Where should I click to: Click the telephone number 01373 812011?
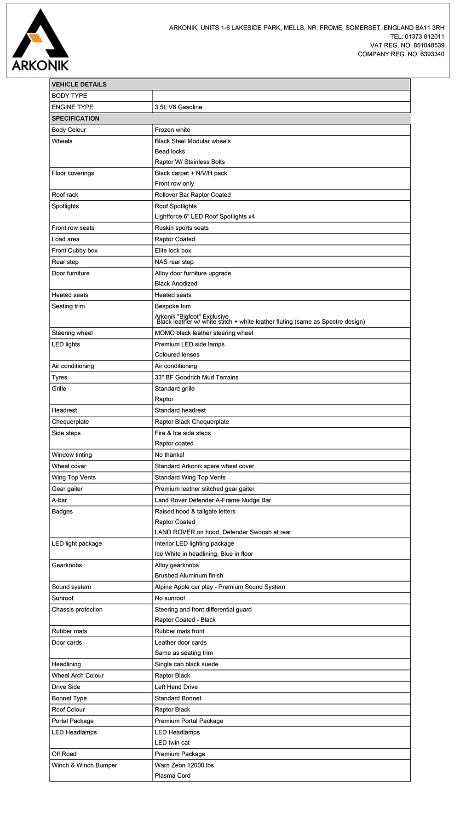(424, 36)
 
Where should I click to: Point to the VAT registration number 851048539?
(429, 45)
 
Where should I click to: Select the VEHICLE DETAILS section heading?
(79, 84)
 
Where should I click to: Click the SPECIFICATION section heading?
(75, 118)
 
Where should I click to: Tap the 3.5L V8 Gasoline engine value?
(178, 107)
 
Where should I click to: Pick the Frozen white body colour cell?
(172, 130)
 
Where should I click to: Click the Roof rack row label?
(65, 195)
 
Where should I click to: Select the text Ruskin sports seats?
(182, 228)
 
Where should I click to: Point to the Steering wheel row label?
(72, 333)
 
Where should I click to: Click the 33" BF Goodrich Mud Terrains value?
(196, 378)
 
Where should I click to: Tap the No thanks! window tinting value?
(169, 455)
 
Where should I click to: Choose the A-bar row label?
(59, 500)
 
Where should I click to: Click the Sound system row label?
(71, 587)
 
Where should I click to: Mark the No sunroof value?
(170, 598)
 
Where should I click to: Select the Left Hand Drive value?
(176, 687)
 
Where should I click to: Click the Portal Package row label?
(73, 721)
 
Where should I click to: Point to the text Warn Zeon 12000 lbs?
(184, 765)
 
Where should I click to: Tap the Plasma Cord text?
(172, 776)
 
